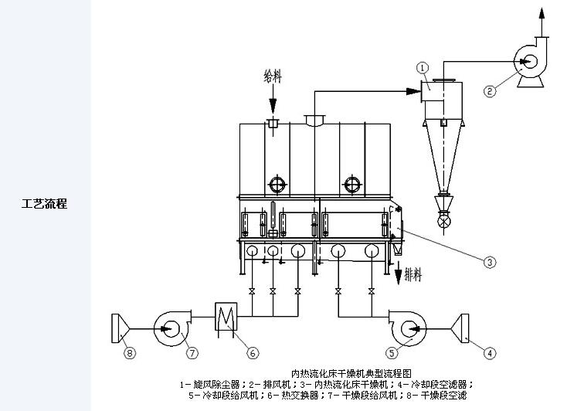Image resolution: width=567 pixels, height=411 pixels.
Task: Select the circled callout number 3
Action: tap(489, 263)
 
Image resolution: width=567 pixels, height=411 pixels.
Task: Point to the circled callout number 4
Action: tap(489, 353)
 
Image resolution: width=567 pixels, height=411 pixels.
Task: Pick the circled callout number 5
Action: tap(392, 353)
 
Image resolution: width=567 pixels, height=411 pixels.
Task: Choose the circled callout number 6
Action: tap(252, 353)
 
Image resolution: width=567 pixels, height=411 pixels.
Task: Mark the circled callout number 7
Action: tap(192, 353)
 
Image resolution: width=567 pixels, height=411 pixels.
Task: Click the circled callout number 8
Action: tap(130, 353)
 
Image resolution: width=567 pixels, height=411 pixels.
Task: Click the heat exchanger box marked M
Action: tap(227, 316)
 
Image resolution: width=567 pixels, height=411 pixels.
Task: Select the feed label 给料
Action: tap(273, 76)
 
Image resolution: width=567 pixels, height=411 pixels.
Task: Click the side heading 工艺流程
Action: tap(44, 204)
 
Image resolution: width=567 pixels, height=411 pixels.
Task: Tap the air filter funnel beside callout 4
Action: tap(465, 327)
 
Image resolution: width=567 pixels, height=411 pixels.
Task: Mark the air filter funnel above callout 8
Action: tap(119, 327)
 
